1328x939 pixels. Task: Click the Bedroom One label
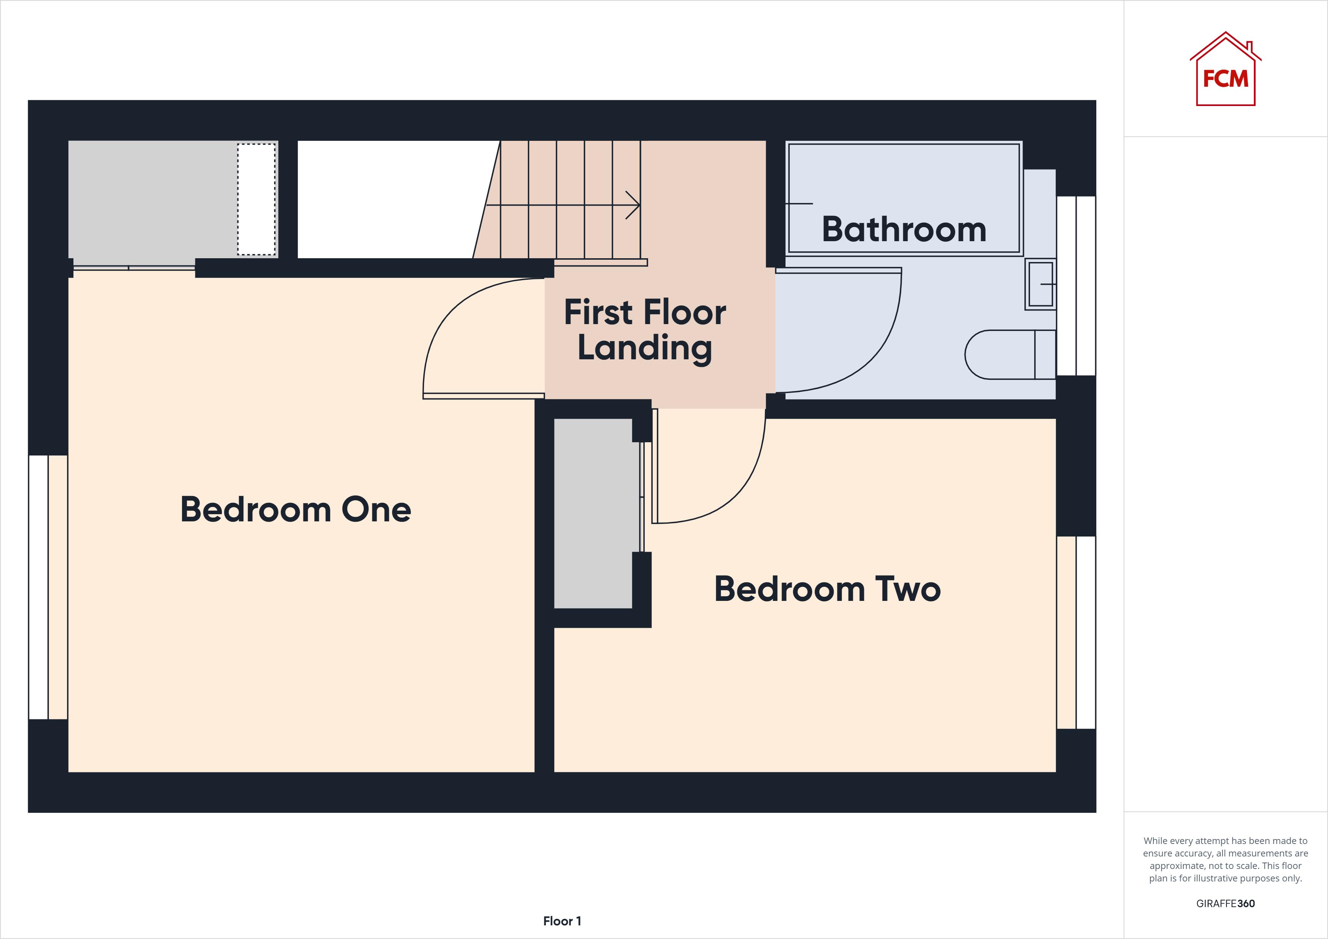[296, 510]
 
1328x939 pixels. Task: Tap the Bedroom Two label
[827, 589]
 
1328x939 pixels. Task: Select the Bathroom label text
[904, 229]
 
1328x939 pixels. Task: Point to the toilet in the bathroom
[1009, 355]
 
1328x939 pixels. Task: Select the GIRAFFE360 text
[1225, 903]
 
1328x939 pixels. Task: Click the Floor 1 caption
[562, 920]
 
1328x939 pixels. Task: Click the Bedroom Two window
[1076, 632]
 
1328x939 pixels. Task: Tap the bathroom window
[1076, 286]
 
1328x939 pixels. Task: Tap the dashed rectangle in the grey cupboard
[256, 199]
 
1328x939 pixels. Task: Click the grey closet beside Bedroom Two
[593, 513]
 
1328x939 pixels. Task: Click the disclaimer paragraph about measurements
[1225, 859]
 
